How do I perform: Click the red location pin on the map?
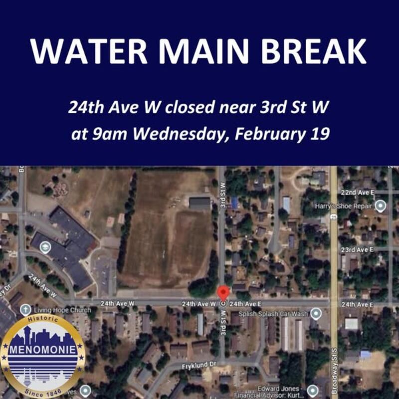point(223,292)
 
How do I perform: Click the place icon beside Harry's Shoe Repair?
point(381,205)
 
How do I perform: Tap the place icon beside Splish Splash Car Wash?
point(315,314)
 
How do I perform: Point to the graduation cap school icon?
point(46,246)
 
